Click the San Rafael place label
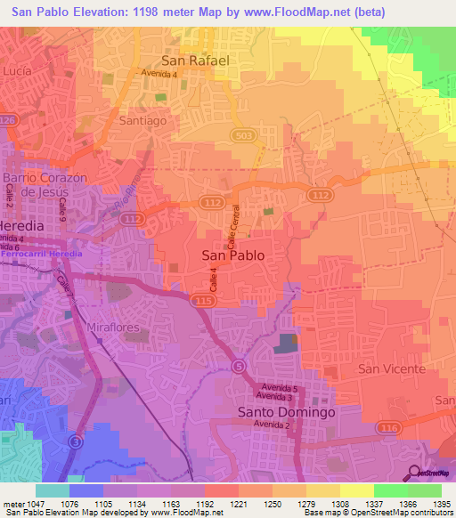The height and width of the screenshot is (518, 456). click(x=195, y=61)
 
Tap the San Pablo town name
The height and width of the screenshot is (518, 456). click(x=234, y=255)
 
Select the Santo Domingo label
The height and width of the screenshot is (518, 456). click(x=287, y=413)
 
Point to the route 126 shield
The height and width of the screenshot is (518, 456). click(x=8, y=119)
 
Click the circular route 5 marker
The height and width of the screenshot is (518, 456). click(x=239, y=366)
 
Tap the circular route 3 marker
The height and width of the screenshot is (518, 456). click(x=77, y=441)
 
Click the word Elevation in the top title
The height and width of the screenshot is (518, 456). click(x=95, y=12)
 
